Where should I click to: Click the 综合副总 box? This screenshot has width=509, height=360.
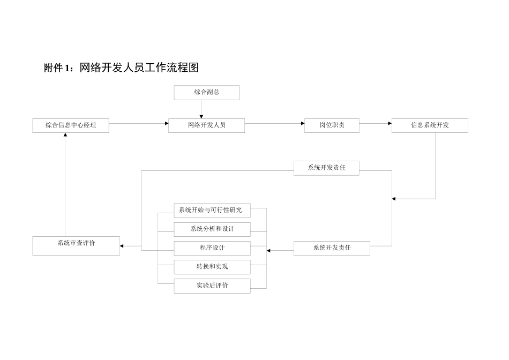pyautogui.click(x=206, y=93)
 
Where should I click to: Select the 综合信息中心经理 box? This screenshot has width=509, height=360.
pyautogui.click(x=71, y=125)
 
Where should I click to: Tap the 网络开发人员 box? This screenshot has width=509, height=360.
pyautogui.click(x=206, y=125)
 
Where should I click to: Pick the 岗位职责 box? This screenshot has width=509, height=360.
pyautogui.click(x=332, y=125)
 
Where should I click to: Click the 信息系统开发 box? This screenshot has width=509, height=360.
pyautogui.click(x=430, y=125)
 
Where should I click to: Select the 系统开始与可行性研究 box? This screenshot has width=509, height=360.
pyautogui.click(x=212, y=211)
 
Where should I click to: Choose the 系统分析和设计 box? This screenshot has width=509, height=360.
pyautogui.click(x=212, y=229)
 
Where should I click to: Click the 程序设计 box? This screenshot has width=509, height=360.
pyautogui.click(x=212, y=248)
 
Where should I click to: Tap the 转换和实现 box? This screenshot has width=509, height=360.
pyautogui.click(x=212, y=267)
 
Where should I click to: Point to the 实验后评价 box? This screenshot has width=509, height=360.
pyautogui.click(x=212, y=286)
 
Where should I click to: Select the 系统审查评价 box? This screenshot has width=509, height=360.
pyautogui.click(x=76, y=245)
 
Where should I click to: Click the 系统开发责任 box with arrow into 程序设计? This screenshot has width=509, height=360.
pyautogui.click(x=332, y=248)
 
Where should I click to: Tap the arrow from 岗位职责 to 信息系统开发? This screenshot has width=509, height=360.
pyautogui.click(x=375, y=124)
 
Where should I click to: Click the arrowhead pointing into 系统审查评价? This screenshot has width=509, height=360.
pyautogui.click(x=123, y=246)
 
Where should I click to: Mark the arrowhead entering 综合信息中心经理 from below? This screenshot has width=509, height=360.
pyautogui.click(x=65, y=136)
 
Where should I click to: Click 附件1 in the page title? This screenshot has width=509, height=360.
pyautogui.click(x=57, y=68)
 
